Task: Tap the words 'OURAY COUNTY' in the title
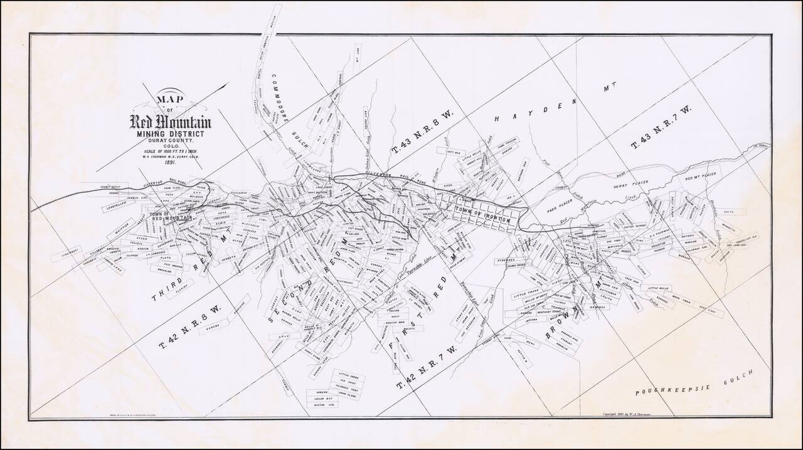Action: click(170, 139)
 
